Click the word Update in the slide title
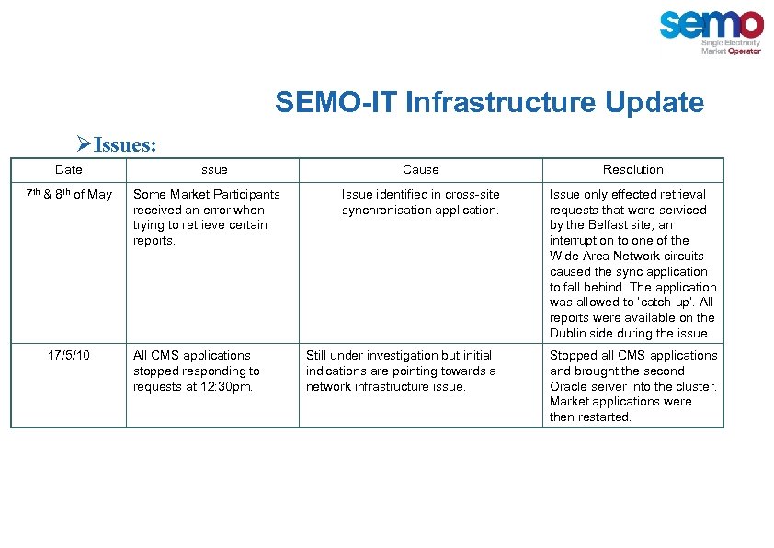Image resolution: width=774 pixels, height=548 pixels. tap(654, 102)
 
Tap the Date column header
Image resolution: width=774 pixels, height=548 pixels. tap(68, 169)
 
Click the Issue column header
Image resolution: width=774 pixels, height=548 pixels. tap(212, 169)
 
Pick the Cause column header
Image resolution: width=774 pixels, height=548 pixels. tap(421, 169)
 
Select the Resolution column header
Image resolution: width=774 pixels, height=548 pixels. tap(632, 169)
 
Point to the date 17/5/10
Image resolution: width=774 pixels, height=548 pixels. tap(68, 355)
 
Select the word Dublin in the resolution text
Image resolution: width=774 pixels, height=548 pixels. tap(569, 333)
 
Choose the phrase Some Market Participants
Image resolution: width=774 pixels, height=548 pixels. tap(207, 194)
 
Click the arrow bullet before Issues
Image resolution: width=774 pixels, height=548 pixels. tap(83, 145)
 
